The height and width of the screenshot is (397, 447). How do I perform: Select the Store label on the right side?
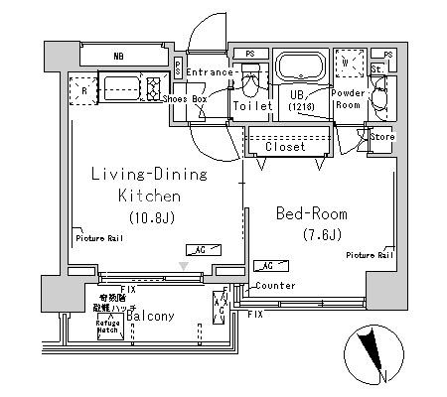coord(382,137)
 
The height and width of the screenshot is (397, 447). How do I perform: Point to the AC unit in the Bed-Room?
coord(265,265)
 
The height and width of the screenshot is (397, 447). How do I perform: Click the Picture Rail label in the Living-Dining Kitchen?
coord(96,237)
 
